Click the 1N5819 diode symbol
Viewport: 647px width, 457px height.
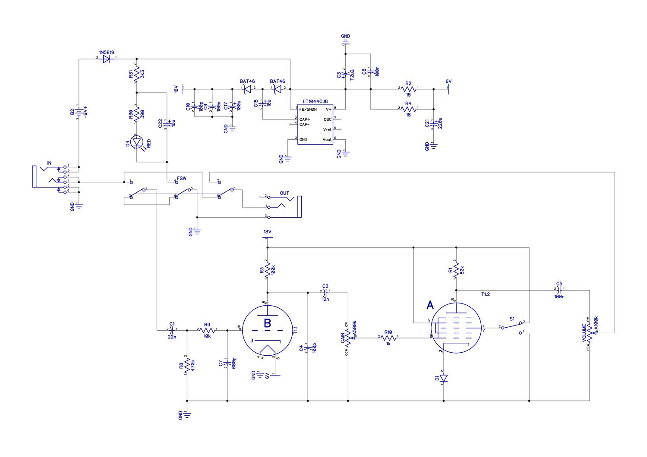click(106, 58)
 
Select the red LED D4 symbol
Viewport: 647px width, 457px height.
click(137, 141)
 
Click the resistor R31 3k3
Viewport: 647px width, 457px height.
click(137, 74)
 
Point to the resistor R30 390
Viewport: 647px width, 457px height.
click(137, 114)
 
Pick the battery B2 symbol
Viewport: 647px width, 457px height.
click(78, 112)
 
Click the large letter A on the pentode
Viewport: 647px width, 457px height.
click(430, 305)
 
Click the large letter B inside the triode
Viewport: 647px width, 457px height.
click(268, 323)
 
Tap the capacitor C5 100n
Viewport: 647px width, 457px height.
click(559, 289)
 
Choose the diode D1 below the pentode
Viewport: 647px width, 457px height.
click(444, 378)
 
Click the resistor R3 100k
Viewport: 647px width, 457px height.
click(268, 271)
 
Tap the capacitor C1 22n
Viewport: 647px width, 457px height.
click(172, 330)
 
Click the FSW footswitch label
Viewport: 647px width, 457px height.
click(182, 178)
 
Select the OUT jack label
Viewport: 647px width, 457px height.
click(284, 193)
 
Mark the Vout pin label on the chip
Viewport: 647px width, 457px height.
click(327, 140)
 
